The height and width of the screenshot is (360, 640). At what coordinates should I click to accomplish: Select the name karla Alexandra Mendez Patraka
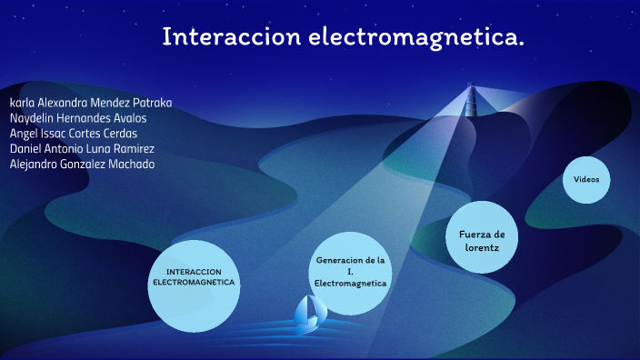tap(91, 102)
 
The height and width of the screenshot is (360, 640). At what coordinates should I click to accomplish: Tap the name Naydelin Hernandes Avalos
tap(78, 117)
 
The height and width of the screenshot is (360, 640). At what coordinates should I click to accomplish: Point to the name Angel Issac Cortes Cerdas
tap(74, 133)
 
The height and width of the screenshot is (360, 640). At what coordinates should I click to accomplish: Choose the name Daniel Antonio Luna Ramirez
tap(82, 148)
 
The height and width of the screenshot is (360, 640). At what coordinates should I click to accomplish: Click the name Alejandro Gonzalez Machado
tap(82, 164)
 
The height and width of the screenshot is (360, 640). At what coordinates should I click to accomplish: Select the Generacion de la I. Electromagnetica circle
tap(350, 273)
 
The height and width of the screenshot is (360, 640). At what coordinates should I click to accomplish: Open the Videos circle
tap(586, 179)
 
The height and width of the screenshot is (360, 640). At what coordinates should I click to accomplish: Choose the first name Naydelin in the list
tap(31, 117)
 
